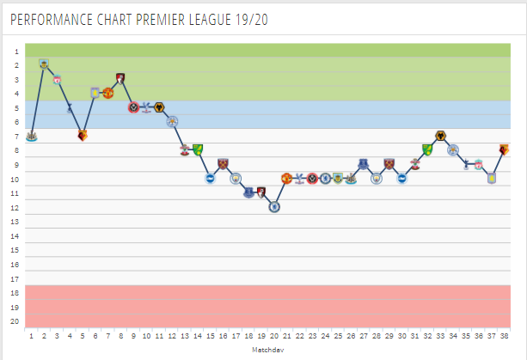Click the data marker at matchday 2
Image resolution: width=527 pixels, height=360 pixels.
point(44,64)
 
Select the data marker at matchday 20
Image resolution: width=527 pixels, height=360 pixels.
point(274,206)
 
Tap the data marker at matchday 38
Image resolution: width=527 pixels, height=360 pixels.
point(504,149)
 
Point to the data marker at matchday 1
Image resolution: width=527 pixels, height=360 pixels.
point(31,136)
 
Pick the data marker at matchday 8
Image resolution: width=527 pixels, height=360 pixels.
point(120,78)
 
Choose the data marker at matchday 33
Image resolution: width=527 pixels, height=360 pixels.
point(440,136)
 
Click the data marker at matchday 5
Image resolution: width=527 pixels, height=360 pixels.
point(83,135)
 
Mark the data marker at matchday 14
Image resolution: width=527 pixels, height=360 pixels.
point(198,149)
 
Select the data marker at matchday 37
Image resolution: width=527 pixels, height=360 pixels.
point(491,178)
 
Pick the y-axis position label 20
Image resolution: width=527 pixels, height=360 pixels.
point(15,321)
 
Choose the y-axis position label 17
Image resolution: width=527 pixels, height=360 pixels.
point(15,278)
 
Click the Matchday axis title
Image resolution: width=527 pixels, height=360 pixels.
point(267,351)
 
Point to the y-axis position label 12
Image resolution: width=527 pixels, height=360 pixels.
point(15,207)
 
